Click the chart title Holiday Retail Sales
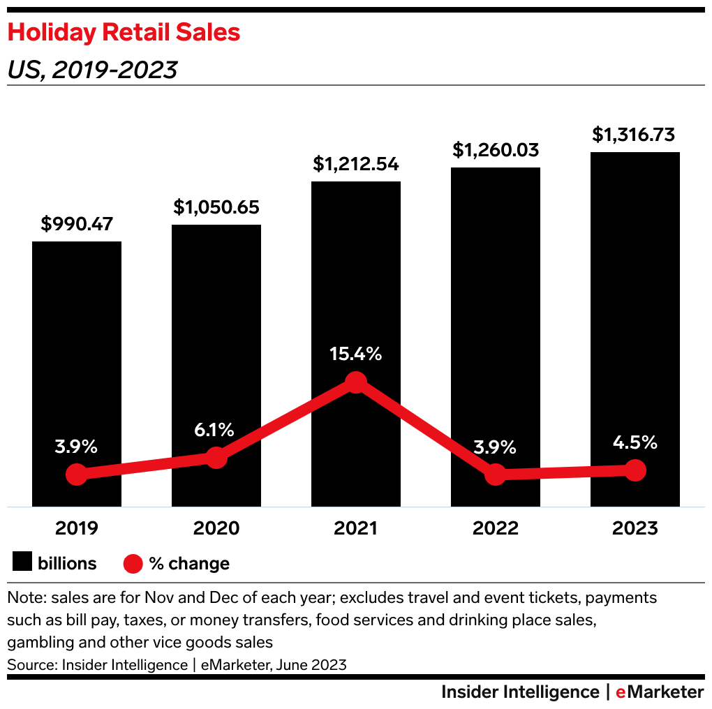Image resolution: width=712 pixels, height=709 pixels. [124, 33]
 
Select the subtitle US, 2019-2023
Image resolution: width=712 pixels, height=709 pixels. [92, 70]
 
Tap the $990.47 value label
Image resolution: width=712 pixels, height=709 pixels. [77, 224]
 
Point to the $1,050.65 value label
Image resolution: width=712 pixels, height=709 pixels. [216, 207]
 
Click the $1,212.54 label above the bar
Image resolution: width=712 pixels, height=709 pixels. [356, 164]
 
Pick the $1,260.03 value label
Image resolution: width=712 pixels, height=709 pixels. [496, 150]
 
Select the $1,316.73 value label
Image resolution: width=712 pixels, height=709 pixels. [635, 135]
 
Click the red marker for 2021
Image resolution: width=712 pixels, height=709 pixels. [356, 382]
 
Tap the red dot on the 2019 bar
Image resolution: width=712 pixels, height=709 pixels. [77, 475]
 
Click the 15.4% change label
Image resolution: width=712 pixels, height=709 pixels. [356, 354]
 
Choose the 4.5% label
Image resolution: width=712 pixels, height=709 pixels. [635, 442]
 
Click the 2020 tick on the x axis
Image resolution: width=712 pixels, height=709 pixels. [216, 528]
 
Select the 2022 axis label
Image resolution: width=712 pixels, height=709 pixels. [496, 528]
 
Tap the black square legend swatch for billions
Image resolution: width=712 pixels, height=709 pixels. [23, 563]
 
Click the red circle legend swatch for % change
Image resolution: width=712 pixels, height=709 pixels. [133, 563]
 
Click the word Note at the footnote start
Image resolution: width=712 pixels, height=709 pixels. [23, 599]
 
